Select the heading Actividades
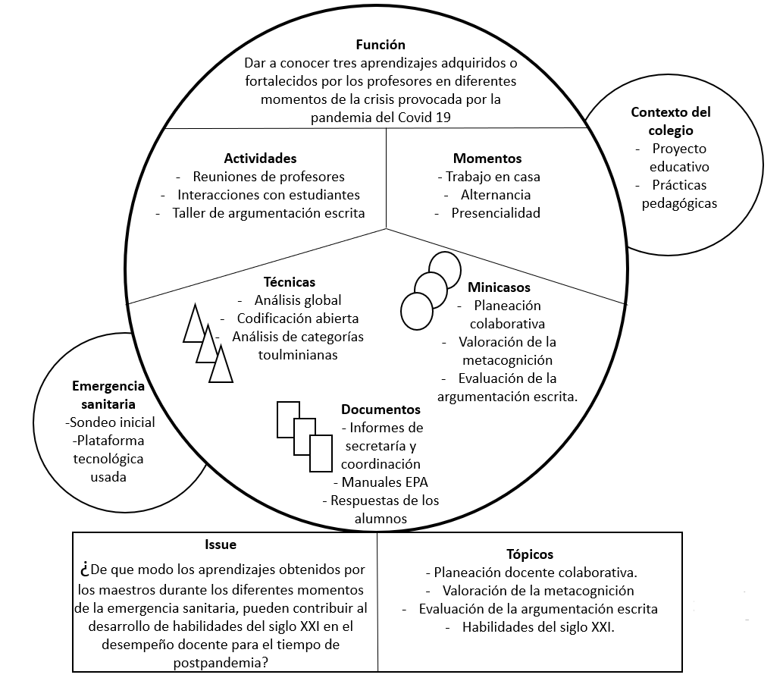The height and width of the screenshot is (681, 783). point(260,158)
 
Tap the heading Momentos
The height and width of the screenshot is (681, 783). point(487,158)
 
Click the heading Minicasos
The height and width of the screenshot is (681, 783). point(499,287)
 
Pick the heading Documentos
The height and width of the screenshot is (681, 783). point(381,410)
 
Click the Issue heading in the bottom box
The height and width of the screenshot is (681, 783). point(221,544)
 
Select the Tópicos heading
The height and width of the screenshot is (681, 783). point(530,554)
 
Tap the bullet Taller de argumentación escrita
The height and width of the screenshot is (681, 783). point(268,213)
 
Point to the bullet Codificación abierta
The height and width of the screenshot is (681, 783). point(298,319)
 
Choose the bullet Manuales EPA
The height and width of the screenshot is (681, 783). point(386,482)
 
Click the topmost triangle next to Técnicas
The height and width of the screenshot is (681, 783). point(195,325)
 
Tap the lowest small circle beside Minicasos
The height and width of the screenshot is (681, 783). point(415,309)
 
